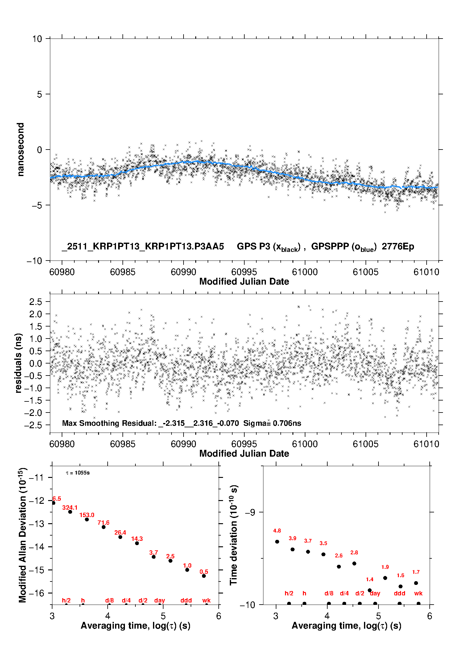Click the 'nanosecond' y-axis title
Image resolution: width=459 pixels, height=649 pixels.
tap(20, 150)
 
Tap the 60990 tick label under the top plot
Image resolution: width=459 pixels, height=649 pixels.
tap(183, 272)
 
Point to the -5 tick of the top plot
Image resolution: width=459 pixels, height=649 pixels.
tap(37, 205)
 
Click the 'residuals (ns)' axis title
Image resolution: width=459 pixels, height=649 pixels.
tap(19, 363)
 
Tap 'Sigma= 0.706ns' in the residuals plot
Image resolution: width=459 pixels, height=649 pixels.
tap(272, 423)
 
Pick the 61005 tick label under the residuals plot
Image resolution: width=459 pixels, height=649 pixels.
tap(366, 444)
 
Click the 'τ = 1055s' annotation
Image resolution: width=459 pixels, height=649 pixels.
tap(78, 473)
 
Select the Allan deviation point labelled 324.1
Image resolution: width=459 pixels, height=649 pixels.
tap(70, 512)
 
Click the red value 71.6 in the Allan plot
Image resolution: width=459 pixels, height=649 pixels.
tap(103, 523)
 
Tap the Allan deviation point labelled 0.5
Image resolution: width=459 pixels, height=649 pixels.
tap(204, 576)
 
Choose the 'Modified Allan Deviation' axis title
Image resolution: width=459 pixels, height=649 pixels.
tap(22, 535)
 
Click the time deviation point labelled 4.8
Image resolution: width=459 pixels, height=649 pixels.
tap(277, 542)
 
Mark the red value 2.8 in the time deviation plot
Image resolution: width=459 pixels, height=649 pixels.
tap(354, 552)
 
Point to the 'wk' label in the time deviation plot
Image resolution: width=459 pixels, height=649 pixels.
tap(418, 594)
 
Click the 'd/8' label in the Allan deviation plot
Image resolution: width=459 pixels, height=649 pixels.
tap(109, 601)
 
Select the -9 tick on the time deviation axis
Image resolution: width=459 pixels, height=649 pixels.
tap(250, 512)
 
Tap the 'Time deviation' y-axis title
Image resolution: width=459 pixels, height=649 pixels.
tap(234, 535)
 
